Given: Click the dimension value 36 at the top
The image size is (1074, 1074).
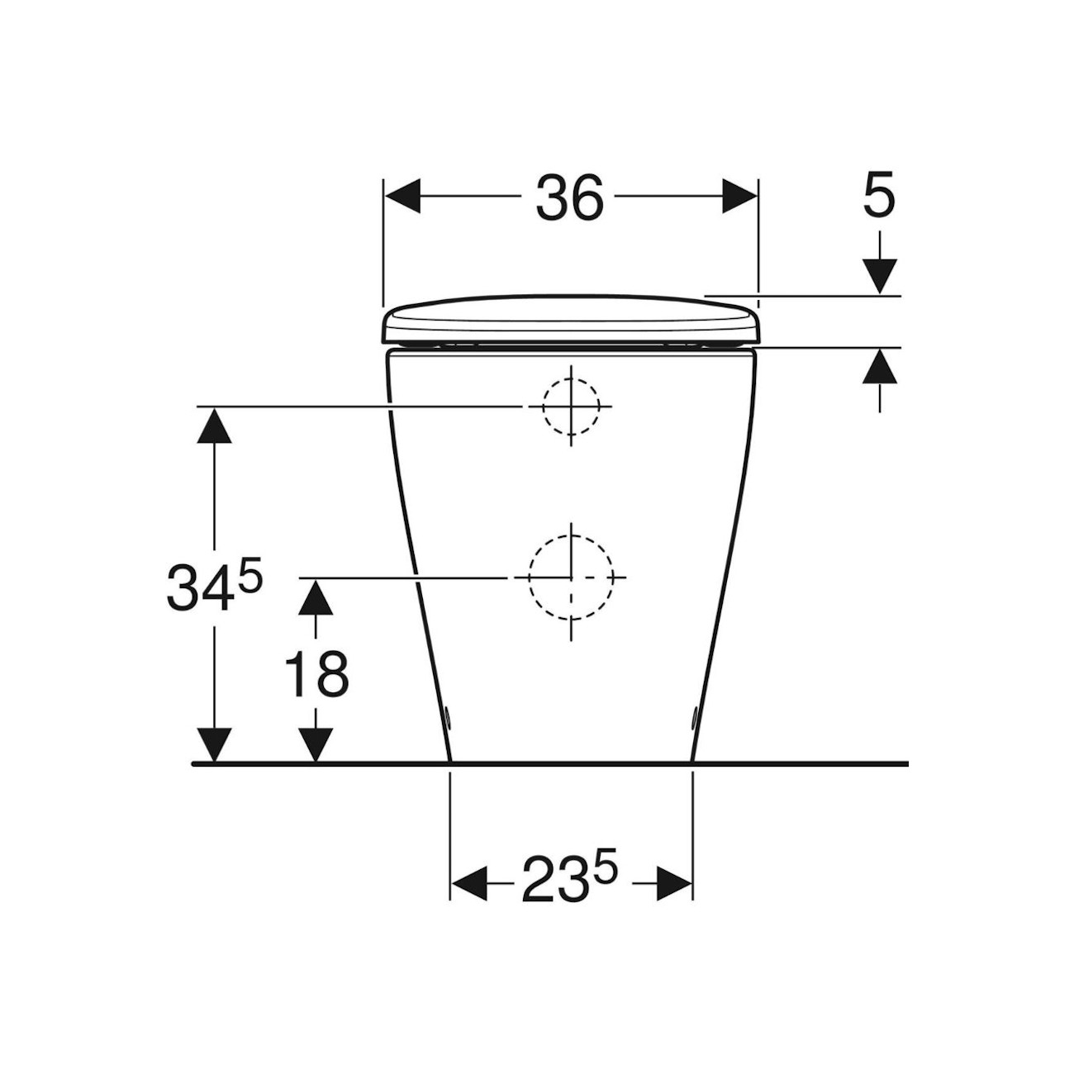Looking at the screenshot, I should tap(570, 199).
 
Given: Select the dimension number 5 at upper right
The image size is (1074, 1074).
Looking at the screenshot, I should tap(878, 197).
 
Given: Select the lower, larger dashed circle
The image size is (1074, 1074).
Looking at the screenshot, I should tap(571, 577).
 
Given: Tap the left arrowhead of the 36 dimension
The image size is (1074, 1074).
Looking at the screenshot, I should tap(403, 197).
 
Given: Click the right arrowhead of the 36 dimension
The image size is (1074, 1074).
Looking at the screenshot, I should tap(739, 197).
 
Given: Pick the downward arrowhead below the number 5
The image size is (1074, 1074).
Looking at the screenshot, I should tap(880, 275).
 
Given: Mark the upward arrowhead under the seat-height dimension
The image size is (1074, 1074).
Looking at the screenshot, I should tap(880, 367).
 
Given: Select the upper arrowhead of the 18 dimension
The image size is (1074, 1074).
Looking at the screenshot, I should tap(316, 596).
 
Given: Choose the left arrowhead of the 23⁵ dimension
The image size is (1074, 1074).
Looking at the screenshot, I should tap(468, 883).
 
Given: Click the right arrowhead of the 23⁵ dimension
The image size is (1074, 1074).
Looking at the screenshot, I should tap(674, 883).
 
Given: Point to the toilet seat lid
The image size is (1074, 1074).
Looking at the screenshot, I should tap(570, 319).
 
